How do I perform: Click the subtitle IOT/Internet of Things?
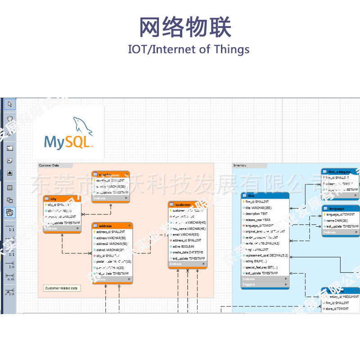[x=189, y=49]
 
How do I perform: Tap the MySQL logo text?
[x=68, y=142]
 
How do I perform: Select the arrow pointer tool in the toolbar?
[x=10, y=104]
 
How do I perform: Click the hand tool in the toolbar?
[x=10, y=119]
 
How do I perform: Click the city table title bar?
[x=62, y=198]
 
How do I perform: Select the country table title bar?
[x=111, y=174]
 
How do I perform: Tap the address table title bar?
[x=112, y=226]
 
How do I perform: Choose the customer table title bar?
[x=188, y=205]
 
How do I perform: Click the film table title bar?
[x=265, y=196]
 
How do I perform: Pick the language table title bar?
[x=341, y=209]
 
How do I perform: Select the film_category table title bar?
[x=341, y=172]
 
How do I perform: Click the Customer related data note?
[x=62, y=288]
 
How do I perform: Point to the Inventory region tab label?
[x=240, y=166]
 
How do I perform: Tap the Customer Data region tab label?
[x=49, y=166]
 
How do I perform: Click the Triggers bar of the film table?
[x=265, y=284]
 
